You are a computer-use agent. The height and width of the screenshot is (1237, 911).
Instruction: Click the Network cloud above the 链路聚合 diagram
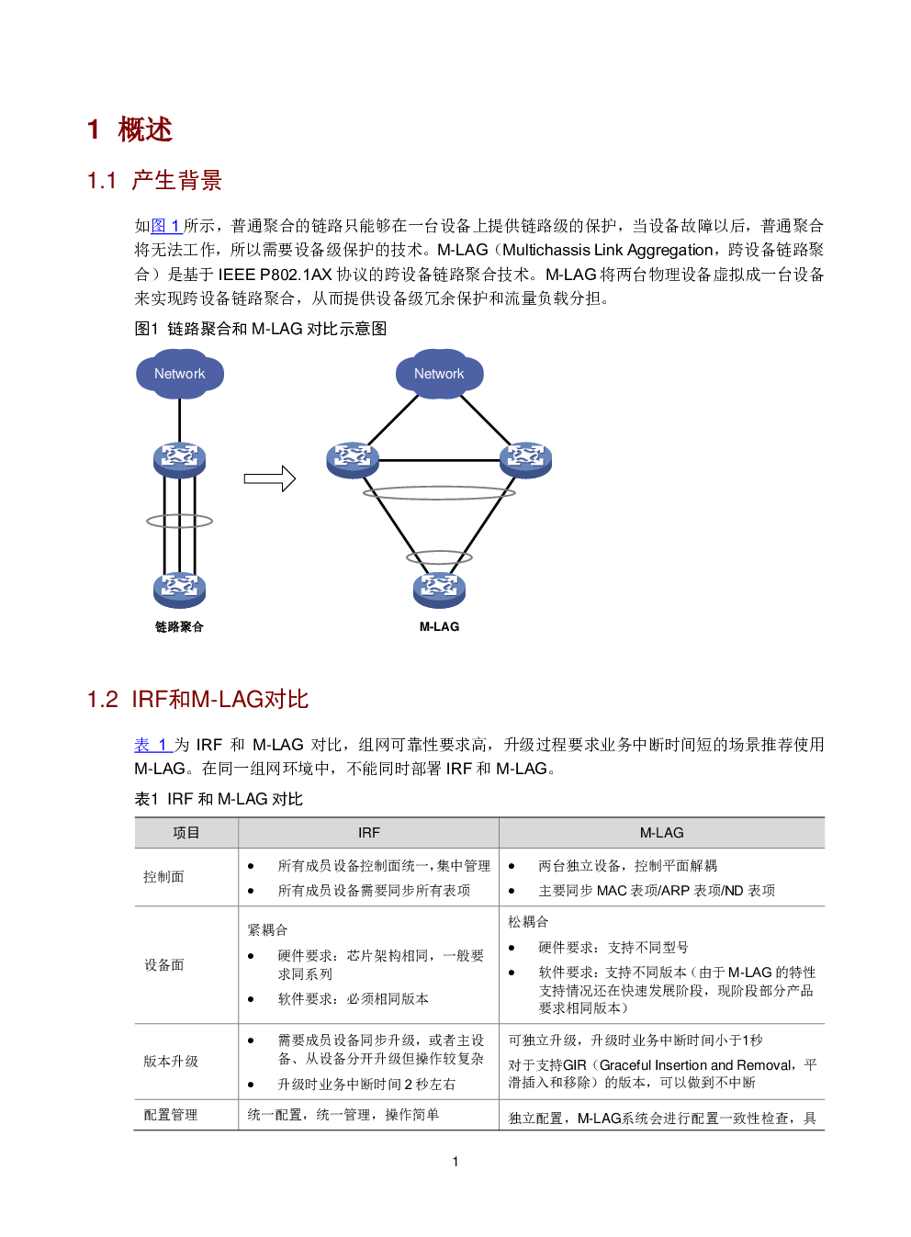point(179,374)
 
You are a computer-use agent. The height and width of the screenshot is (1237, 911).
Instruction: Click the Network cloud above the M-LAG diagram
point(439,374)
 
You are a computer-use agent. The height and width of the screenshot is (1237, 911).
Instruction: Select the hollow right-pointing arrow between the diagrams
point(269,478)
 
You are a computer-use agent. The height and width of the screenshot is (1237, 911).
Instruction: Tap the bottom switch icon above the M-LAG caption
point(439,588)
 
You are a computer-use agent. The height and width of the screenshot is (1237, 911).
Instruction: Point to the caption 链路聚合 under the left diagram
point(179,626)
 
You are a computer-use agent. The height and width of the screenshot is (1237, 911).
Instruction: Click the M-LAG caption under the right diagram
point(439,626)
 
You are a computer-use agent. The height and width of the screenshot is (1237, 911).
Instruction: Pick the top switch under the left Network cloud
point(179,458)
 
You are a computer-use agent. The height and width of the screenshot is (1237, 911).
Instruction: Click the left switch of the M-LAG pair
point(352,458)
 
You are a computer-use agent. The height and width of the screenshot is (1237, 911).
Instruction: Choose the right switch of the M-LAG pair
point(525,458)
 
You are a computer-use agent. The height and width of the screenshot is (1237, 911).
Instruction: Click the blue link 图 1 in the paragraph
point(165,226)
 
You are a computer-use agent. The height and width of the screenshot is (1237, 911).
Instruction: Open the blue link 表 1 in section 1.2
point(151,745)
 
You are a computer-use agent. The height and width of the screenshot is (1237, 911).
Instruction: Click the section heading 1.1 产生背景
point(154,181)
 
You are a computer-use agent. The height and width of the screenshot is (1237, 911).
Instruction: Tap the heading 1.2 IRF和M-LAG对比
point(197,700)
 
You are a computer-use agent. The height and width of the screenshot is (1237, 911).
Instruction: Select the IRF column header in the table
point(368,833)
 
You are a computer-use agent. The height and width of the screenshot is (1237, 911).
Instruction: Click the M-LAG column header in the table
point(661,833)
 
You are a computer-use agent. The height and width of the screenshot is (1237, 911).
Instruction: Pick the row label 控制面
point(163,877)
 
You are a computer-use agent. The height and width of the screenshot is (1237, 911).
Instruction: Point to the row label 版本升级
point(171,1062)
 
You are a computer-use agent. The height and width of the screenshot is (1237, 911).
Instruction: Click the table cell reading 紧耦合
point(267,930)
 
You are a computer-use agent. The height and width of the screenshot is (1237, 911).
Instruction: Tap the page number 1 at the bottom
point(455,1162)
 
